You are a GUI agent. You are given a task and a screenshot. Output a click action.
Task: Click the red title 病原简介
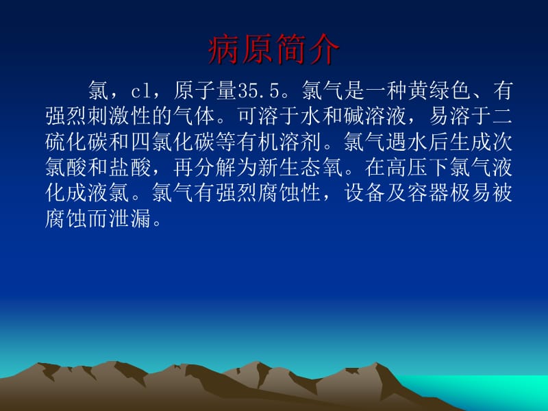point(273,49)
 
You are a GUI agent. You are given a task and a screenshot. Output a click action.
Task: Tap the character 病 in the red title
point(224,49)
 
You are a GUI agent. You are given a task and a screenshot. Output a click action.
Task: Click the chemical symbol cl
point(141,91)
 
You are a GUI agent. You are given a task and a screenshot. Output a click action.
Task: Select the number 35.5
point(259,90)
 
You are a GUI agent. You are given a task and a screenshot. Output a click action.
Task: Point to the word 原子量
point(206,90)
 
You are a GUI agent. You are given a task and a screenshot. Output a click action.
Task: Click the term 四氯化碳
point(173,142)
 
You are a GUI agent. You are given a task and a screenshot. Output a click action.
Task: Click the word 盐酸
point(131,167)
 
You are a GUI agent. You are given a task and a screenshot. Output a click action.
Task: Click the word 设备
point(364,192)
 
